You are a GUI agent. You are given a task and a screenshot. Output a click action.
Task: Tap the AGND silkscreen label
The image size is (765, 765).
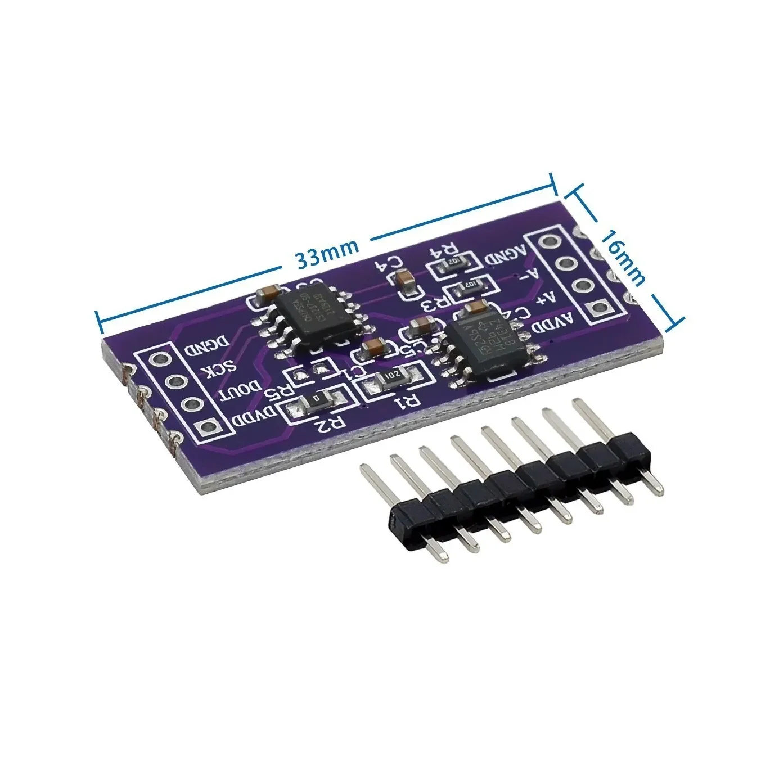505,256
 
